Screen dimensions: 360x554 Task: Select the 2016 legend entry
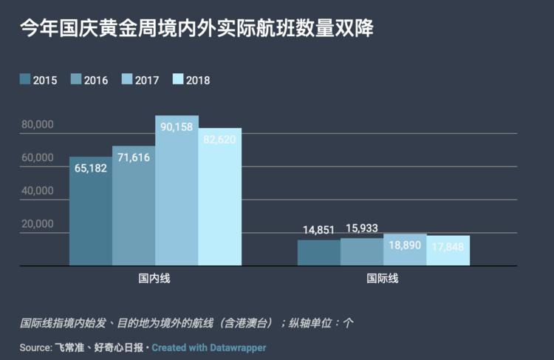[89, 80]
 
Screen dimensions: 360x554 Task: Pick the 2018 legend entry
[191, 80]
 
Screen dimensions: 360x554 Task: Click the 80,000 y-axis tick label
[37, 125]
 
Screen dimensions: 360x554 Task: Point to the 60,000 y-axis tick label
[37, 157]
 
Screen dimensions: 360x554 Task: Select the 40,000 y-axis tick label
[37, 191]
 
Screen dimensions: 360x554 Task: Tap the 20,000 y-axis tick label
[37, 224]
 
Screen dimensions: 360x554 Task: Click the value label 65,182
[91, 169]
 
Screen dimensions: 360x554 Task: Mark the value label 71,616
[134, 157]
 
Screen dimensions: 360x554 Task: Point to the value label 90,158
[177, 127]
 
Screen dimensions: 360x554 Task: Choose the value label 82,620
[219, 140]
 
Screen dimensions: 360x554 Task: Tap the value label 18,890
[405, 245]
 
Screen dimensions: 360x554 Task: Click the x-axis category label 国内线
[155, 279]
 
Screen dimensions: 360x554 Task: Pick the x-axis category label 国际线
[383, 279]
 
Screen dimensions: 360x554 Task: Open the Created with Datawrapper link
[209, 347]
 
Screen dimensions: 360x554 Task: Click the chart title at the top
[196, 29]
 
